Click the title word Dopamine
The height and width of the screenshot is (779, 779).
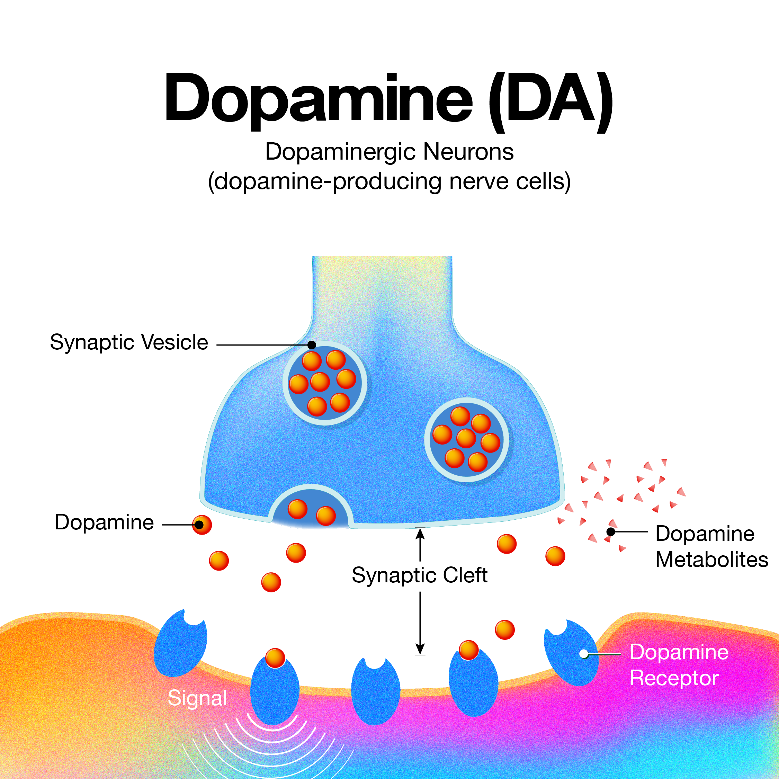[318, 99]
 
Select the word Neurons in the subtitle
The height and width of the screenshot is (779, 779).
[468, 152]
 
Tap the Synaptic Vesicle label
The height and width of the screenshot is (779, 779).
[129, 342]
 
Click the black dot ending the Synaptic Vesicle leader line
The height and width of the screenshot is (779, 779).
[312, 345]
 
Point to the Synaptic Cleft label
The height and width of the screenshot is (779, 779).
[419, 575]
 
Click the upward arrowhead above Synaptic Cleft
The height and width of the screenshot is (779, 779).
[420, 533]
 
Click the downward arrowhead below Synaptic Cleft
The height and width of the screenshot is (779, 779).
[420, 649]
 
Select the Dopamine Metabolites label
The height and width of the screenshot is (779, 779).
[712, 546]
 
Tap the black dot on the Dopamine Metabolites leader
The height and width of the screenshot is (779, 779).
[611, 532]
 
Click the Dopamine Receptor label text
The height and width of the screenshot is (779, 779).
[679, 665]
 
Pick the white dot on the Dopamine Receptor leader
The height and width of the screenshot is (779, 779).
[584, 654]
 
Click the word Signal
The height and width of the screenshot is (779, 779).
[197, 698]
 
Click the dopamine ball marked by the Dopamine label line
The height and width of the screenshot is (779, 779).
[202, 525]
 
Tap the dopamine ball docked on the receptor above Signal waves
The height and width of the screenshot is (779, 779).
[275, 658]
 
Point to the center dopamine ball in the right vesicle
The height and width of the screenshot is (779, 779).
[466, 438]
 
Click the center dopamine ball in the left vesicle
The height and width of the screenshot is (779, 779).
[320, 382]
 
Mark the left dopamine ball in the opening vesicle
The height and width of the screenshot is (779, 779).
[297, 509]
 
